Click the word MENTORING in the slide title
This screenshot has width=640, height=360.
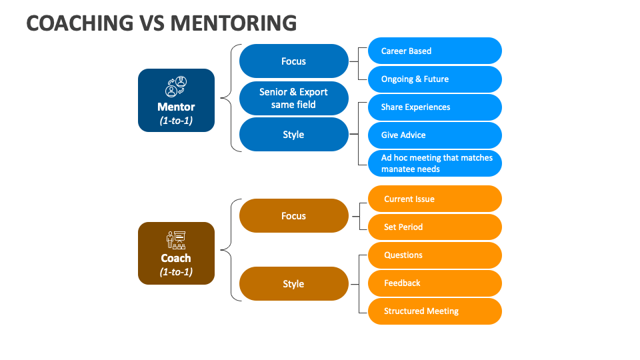233,23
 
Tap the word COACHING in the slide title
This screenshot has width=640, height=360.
79,23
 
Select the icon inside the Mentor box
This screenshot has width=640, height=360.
176,87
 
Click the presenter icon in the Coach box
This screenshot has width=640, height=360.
176,240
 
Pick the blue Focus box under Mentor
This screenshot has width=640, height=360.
293,61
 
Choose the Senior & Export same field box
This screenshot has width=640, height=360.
293,99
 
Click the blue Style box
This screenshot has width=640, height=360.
293,135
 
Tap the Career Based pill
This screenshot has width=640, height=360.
435,51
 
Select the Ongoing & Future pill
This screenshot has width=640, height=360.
435,79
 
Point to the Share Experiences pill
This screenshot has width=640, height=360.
435,107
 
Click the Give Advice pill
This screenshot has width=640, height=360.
435,135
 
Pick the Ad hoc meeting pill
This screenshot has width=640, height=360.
435,163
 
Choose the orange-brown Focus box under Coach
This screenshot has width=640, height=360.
293,216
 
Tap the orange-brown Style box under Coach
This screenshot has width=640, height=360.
293,284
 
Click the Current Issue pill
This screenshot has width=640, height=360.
435,199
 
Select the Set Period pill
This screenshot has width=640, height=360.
435,227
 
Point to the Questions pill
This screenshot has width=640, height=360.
435,255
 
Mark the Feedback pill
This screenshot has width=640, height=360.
435,283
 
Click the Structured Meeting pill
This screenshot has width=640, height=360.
435,311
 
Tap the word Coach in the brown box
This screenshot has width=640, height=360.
176,258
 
